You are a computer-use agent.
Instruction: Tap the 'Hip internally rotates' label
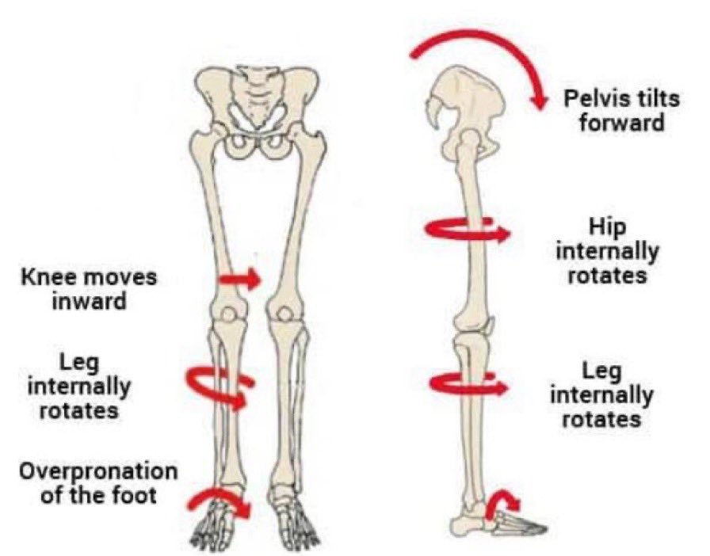pos(607,252)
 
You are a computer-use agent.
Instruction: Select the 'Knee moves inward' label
pos(89,290)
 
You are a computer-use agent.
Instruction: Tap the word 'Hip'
pos(608,228)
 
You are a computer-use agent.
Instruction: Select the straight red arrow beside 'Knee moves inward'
pos(239,279)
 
